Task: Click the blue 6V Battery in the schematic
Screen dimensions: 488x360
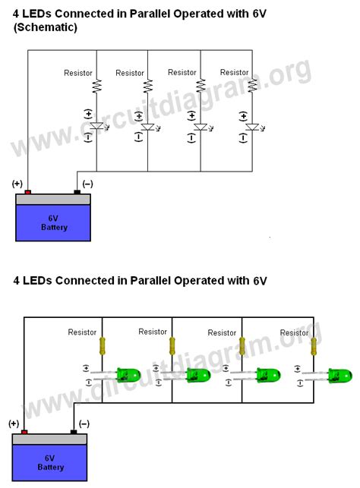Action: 53,222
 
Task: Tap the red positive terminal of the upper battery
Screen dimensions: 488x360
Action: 28,192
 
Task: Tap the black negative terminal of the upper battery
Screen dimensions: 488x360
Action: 77,192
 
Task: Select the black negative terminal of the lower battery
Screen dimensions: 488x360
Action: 74,432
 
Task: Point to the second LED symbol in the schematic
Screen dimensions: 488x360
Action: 148,128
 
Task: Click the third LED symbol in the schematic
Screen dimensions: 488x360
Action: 201,128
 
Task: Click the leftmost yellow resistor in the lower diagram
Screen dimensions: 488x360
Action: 103,346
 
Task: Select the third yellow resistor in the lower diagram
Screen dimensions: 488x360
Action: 243,346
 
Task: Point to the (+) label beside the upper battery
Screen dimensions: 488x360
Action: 17,184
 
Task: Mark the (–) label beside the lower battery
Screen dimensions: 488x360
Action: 84,423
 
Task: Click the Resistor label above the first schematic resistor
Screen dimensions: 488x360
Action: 77,73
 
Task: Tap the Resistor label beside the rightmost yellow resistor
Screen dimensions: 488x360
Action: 294,332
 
